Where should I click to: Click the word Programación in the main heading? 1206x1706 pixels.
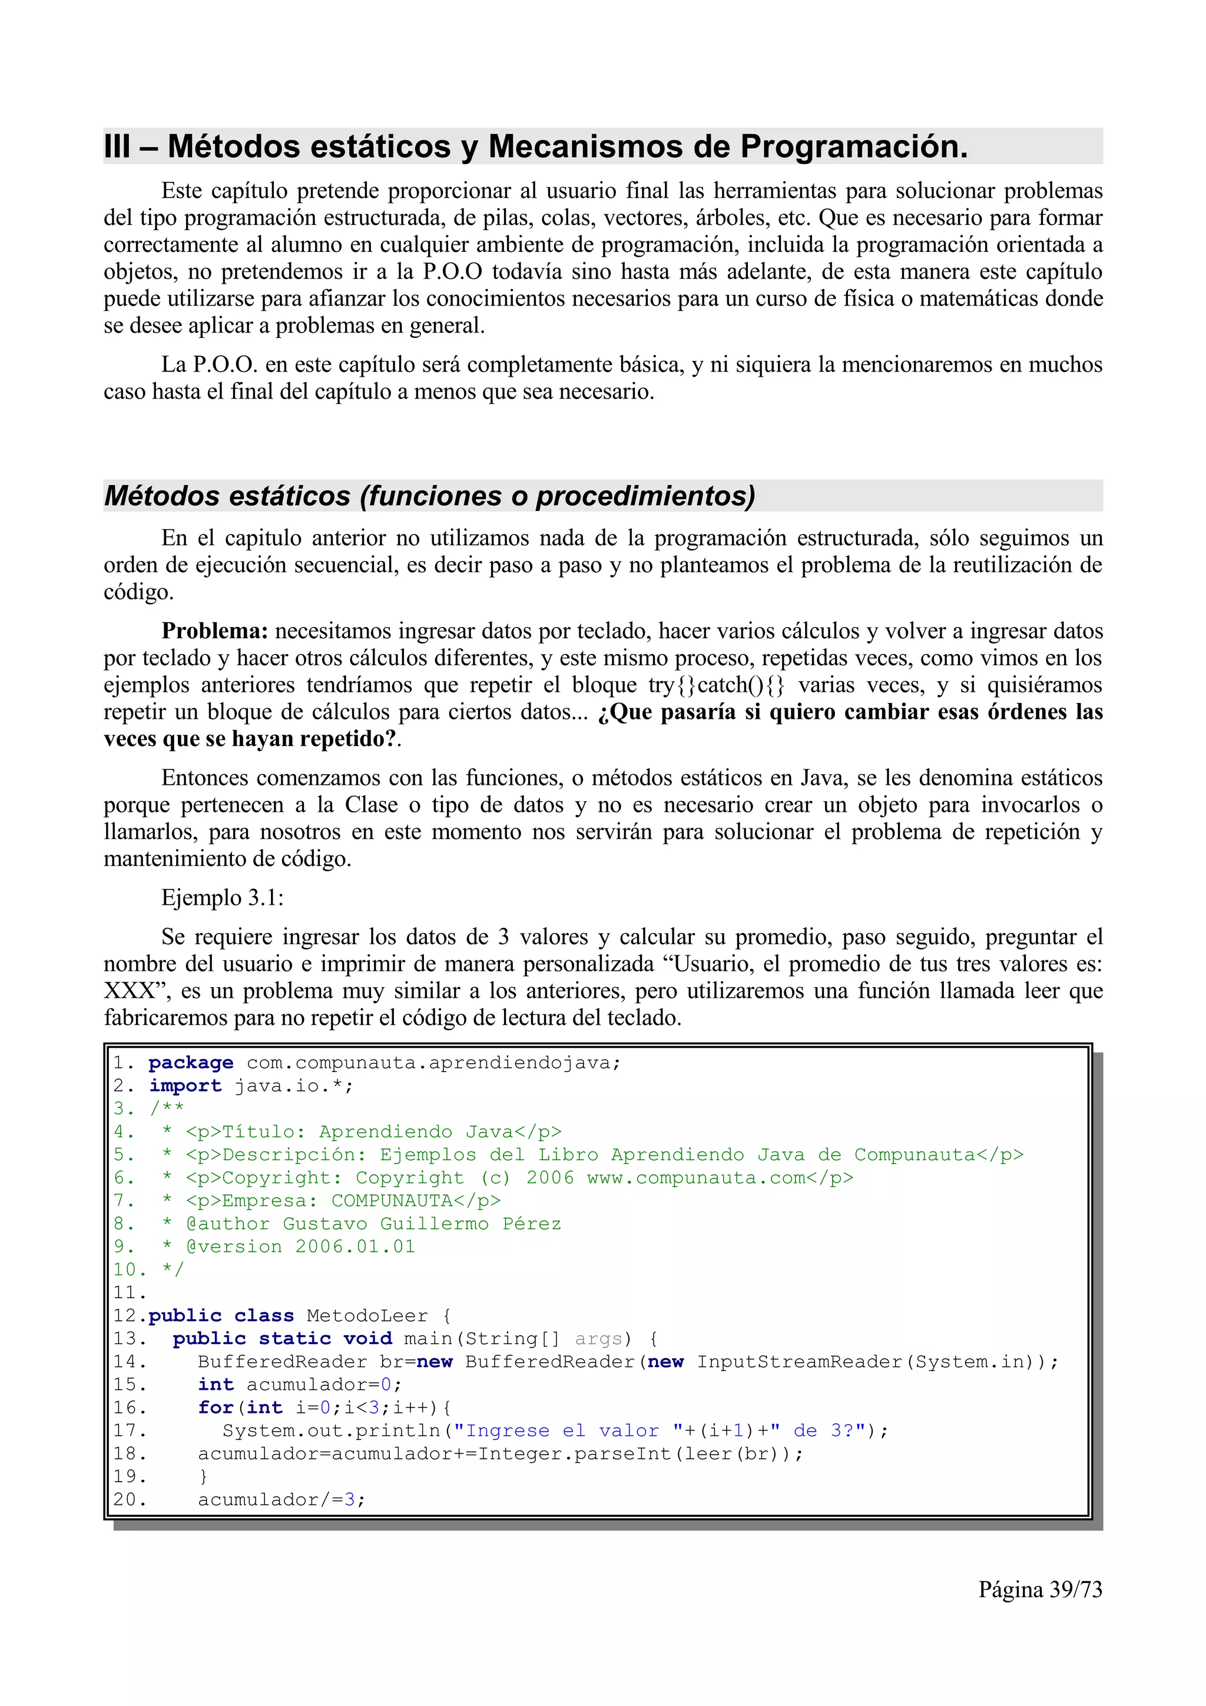click(854, 147)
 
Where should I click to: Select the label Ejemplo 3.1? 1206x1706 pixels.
click(222, 898)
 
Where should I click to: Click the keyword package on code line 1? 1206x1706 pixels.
click(191, 1063)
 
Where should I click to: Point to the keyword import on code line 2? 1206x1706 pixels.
click(185, 1086)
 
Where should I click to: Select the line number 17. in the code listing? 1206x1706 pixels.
click(130, 1431)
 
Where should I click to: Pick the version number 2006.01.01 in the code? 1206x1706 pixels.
click(355, 1247)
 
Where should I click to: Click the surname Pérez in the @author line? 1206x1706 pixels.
click(531, 1224)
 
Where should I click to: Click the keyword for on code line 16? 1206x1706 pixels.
click(216, 1408)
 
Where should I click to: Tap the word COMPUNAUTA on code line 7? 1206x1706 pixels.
click(392, 1201)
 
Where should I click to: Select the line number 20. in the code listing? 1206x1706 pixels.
click(130, 1500)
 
